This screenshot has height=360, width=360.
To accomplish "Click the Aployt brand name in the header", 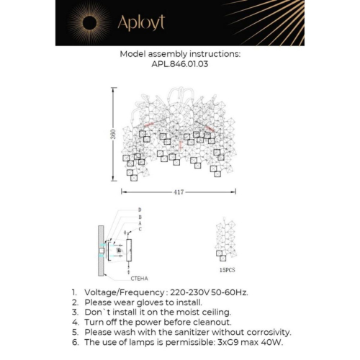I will click(142, 23).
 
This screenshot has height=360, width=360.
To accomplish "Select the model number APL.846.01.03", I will click(179, 63).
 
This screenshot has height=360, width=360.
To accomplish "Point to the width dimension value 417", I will click(179, 192).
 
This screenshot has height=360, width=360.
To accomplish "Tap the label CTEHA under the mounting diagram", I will click(140, 276).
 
